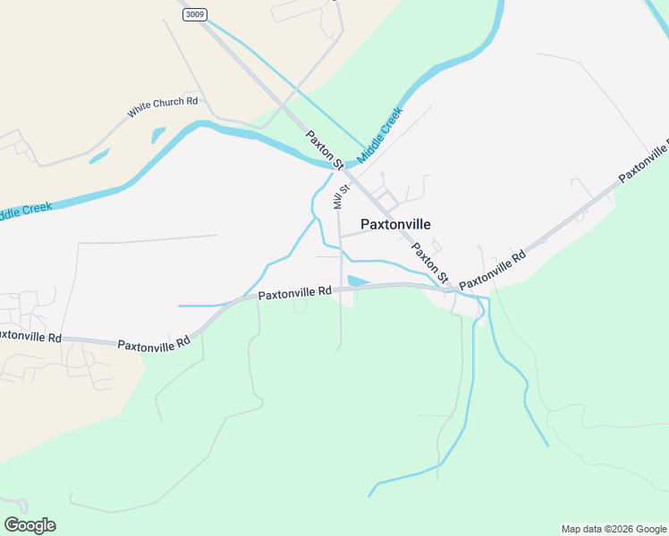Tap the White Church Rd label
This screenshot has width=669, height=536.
(x=162, y=107)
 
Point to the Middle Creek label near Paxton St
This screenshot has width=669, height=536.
(x=380, y=135)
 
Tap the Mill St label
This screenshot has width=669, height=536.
(x=339, y=193)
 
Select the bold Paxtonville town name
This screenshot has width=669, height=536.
(x=395, y=224)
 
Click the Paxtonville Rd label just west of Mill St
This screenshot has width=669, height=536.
(x=294, y=292)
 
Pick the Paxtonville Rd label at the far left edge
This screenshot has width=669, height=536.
(x=30, y=337)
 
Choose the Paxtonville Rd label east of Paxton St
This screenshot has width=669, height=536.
(x=492, y=271)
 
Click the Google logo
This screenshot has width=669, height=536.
(x=30, y=525)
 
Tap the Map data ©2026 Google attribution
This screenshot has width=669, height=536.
(x=614, y=529)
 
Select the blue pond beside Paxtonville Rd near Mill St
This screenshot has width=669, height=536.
(x=357, y=281)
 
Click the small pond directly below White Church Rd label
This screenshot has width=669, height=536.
(x=158, y=135)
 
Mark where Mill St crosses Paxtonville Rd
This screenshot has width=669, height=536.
(x=341, y=288)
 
